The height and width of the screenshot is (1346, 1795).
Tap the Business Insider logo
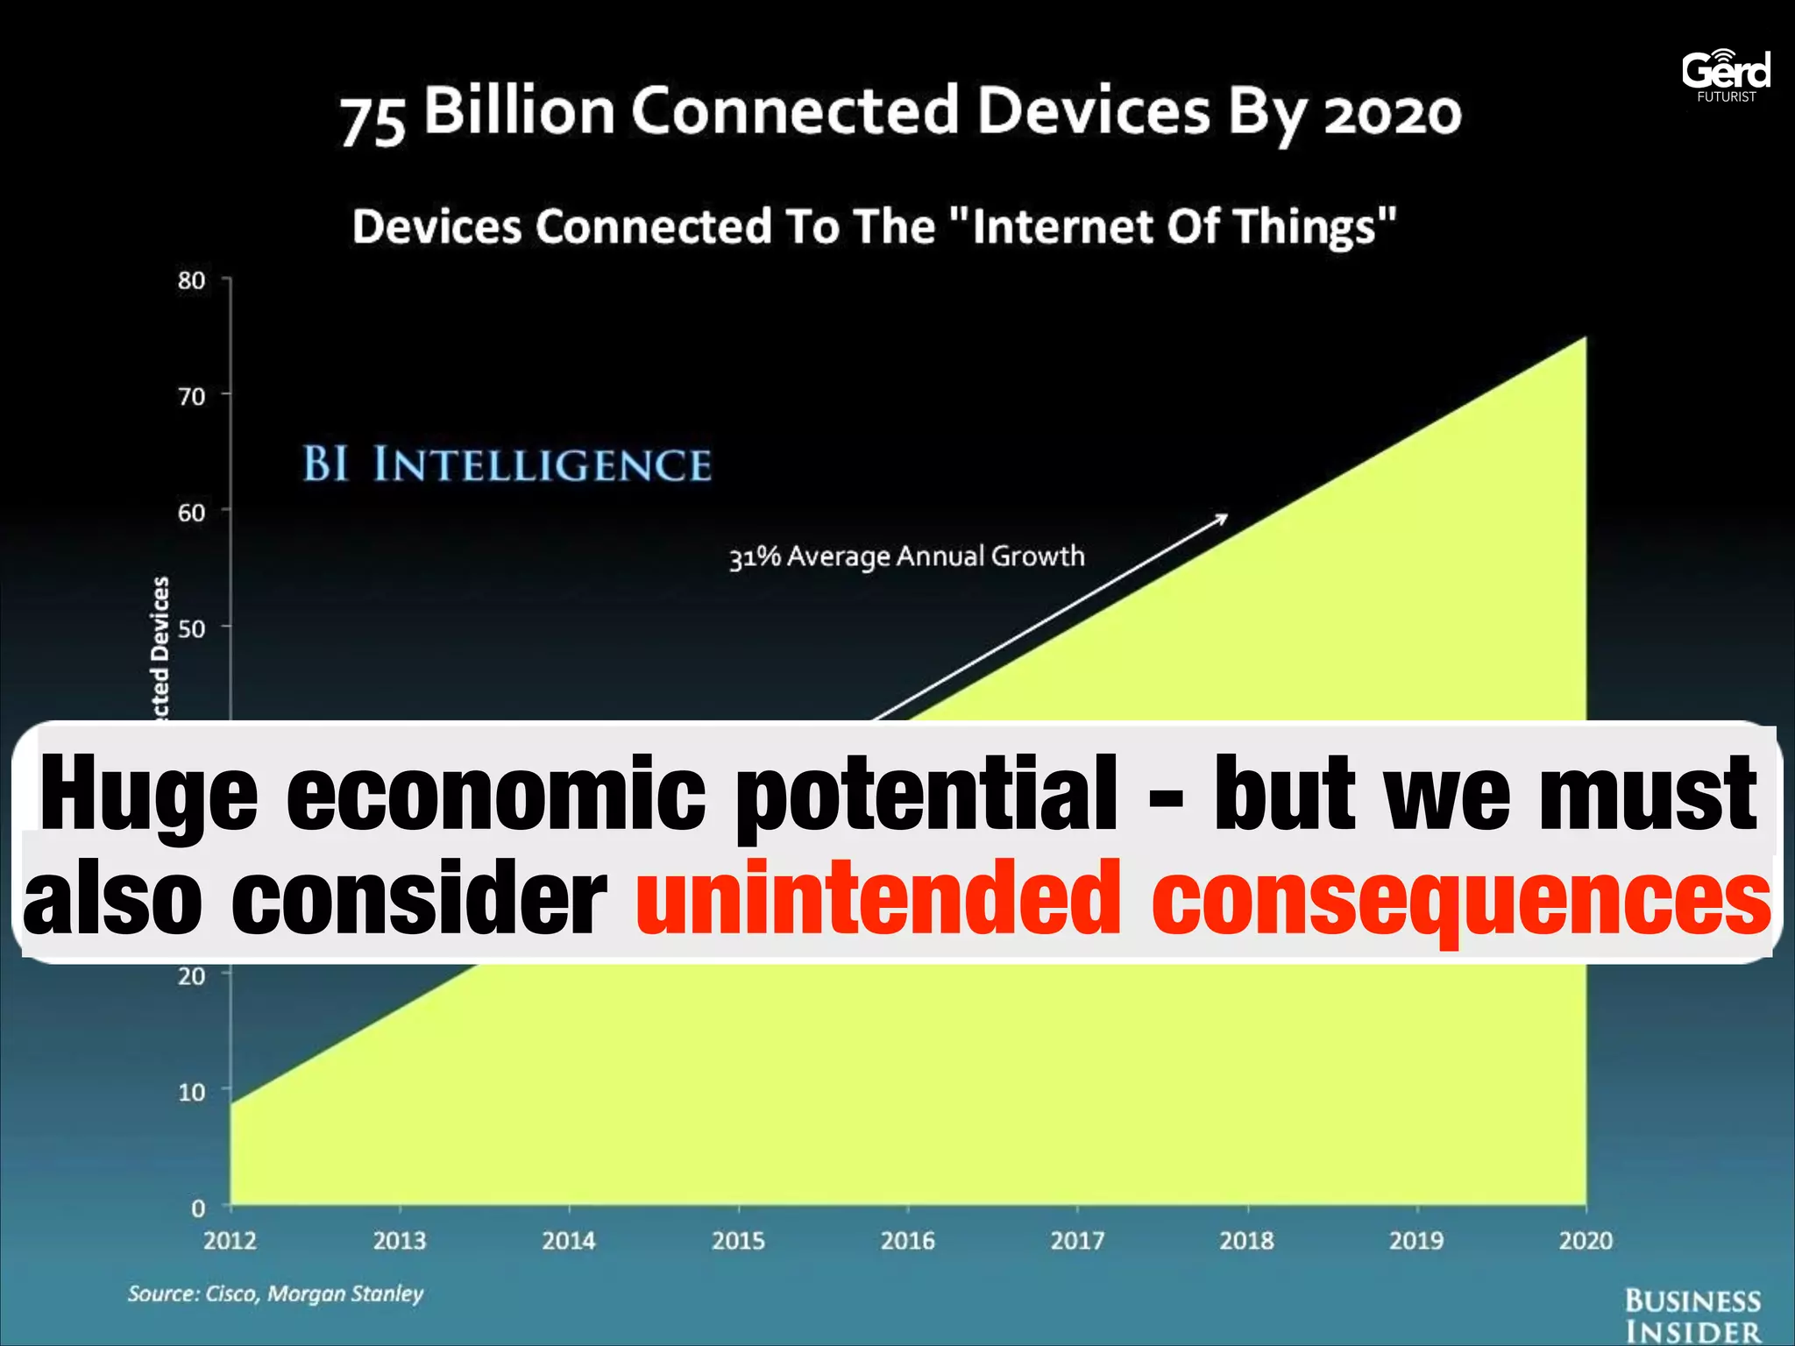pyautogui.click(x=1692, y=1314)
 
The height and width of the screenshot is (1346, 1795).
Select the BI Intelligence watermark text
pyautogui.click(x=507, y=464)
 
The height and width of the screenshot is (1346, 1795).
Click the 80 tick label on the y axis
pyautogui.click(x=191, y=280)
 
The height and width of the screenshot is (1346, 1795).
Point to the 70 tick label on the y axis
pyautogui.click(x=191, y=396)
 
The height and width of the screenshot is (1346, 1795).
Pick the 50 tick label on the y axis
pyautogui.click(x=191, y=628)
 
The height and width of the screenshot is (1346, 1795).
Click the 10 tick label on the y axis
pyautogui.click(x=191, y=1092)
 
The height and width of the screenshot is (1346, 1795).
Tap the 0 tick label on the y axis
pyautogui.click(x=198, y=1208)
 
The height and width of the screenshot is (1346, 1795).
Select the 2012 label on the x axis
pyautogui.click(x=230, y=1240)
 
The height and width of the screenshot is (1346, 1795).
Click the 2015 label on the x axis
pyautogui.click(x=738, y=1240)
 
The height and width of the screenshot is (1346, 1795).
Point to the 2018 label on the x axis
pyautogui.click(x=1246, y=1240)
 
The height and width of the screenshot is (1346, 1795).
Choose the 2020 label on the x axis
pyautogui.click(x=1586, y=1240)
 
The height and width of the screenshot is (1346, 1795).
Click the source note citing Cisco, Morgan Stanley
pyautogui.click(x=275, y=1293)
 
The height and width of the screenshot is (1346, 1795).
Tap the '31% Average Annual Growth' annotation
pyautogui.click(x=907, y=556)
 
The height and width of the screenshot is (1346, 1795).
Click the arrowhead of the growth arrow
pyautogui.click(x=1222, y=519)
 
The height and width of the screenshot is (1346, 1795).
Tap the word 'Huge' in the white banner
pyautogui.click(x=149, y=793)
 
